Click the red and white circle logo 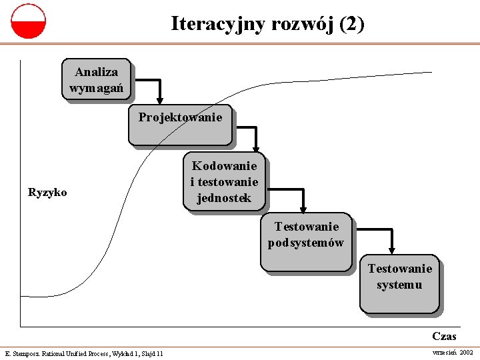29,21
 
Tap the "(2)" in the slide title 351,24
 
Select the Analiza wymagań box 96,80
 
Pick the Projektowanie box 180,125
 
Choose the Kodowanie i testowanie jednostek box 224,181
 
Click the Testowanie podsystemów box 305,243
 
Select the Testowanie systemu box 399,283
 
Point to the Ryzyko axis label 47,193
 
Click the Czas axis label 444,337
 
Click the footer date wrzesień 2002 453,352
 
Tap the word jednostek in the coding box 224,198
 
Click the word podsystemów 306,243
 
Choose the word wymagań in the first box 96,88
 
